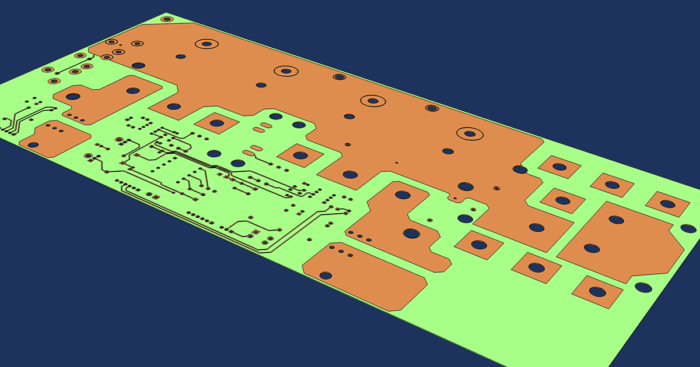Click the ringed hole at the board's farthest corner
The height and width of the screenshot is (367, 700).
click(167, 19)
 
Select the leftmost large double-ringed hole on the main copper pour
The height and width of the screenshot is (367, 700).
click(206, 44)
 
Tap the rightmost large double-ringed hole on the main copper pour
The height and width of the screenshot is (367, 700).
click(469, 133)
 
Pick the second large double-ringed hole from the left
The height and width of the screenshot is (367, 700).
click(286, 71)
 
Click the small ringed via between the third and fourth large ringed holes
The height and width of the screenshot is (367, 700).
click(432, 108)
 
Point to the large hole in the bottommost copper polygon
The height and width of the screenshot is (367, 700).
click(325, 275)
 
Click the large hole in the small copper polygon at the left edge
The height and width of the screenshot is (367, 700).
click(33, 144)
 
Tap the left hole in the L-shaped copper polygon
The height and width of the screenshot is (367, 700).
click(73, 96)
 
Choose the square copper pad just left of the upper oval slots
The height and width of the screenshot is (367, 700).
click(216, 123)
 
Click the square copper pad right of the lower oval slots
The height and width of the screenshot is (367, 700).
click(300, 156)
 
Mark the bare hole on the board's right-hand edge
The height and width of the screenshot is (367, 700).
click(689, 228)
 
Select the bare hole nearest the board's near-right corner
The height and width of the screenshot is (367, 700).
click(643, 287)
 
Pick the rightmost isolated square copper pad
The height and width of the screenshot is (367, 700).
click(667, 204)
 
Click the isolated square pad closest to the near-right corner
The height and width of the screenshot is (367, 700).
click(597, 291)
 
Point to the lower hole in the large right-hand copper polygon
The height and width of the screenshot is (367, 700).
click(591, 248)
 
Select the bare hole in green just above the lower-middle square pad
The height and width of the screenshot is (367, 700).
click(465, 219)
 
